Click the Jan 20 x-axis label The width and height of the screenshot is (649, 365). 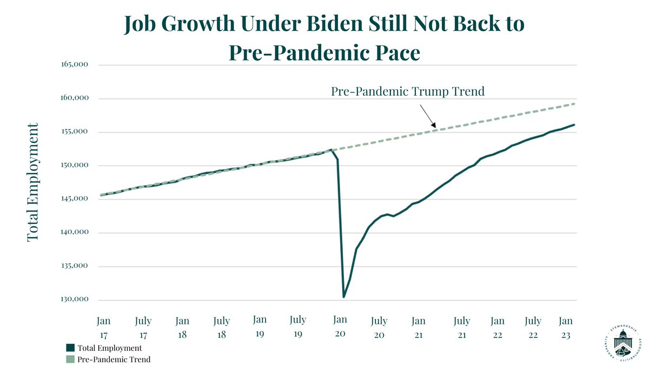[x=340, y=326]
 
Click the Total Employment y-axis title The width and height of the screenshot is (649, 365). [x=33, y=182]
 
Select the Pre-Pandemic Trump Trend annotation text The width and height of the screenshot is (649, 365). [x=407, y=91]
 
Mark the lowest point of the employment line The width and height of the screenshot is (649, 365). [x=344, y=296]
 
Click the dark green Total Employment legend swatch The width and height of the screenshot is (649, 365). [x=70, y=348]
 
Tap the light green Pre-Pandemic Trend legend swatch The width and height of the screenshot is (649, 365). [x=70, y=359]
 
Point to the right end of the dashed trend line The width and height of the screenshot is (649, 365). [x=574, y=104]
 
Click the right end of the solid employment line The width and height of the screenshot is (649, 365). [x=574, y=125]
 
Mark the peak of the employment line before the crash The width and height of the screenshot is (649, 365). [x=331, y=150]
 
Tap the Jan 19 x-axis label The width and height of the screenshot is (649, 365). [x=260, y=326]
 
